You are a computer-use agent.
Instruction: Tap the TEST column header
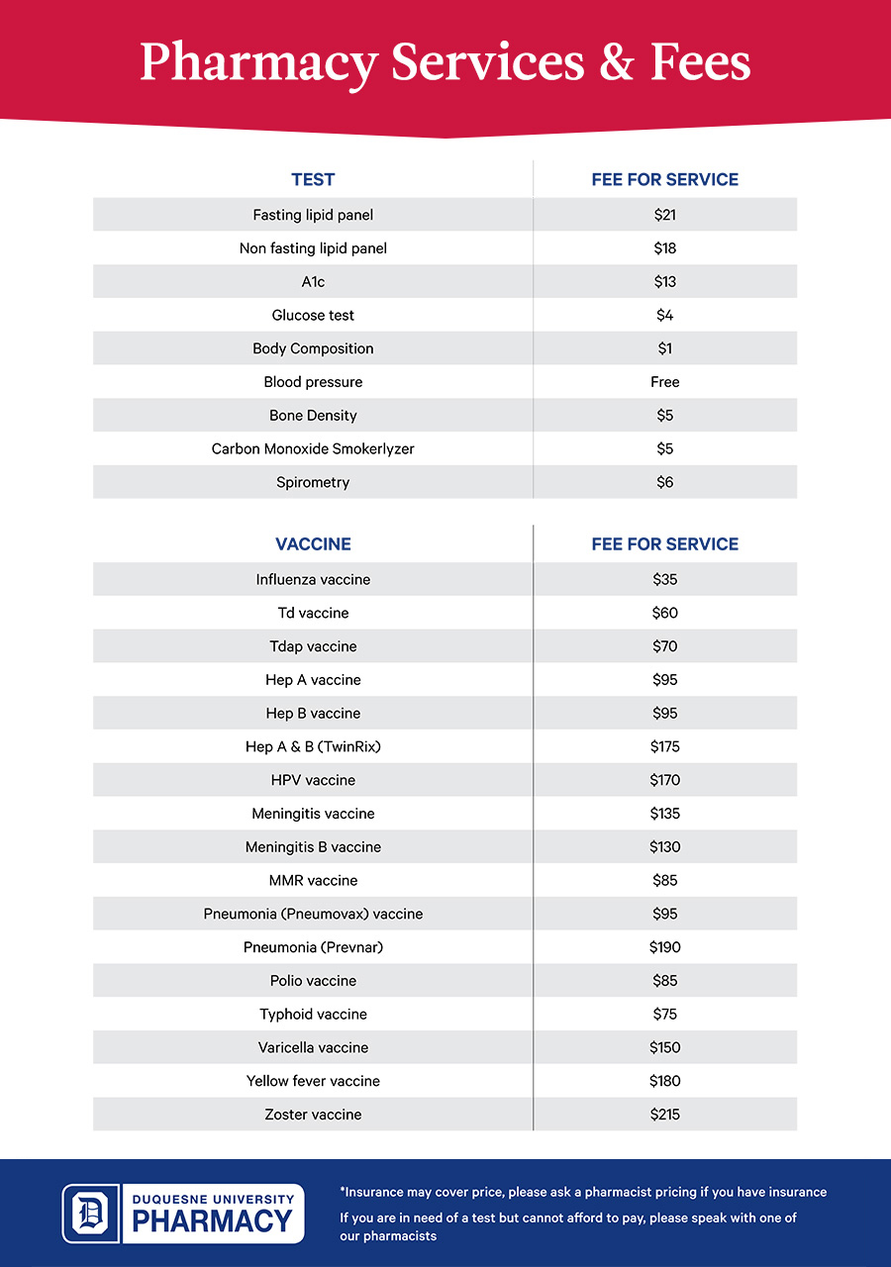tap(313, 180)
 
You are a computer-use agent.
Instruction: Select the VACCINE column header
tap(313, 544)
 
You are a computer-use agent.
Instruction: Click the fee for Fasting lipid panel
tap(664, 215)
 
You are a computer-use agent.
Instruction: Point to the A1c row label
tap(313, 282)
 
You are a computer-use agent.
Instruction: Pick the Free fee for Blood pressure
tap(664, 382)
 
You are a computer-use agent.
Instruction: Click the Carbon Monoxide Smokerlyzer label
tap(313, 449)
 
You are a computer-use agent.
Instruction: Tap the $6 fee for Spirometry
tap(664, 483)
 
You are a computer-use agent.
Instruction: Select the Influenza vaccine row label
tap(313, 580)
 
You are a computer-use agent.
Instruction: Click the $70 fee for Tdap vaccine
tap(664, 647)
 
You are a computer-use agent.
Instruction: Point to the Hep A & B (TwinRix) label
tap(313, 747)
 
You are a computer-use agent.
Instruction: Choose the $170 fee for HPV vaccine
tap(664, 781)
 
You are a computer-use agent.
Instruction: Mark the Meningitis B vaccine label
tap(313, 847)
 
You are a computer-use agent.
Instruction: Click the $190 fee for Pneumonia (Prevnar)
tap(664, 948)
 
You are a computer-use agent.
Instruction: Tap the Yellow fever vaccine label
tap(313, 1082)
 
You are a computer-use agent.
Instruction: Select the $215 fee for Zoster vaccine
tap(664, 1116)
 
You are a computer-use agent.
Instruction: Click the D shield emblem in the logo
tap(91, 1214)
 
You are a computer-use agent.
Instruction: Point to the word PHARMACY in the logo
tap(212, 1222)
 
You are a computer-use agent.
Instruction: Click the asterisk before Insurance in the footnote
tap(343, 1190)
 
